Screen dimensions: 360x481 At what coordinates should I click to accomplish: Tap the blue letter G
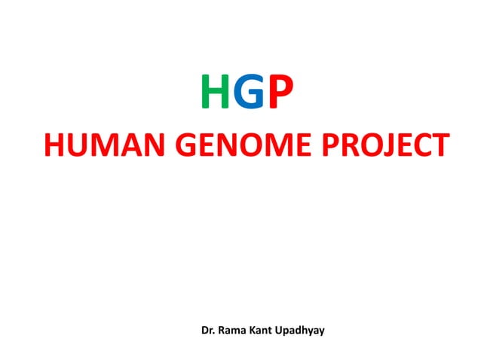249,97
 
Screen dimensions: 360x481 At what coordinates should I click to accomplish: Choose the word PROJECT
387,146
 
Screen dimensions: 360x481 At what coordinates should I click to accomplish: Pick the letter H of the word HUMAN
54,146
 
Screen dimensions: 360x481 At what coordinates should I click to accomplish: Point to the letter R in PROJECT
349,146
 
